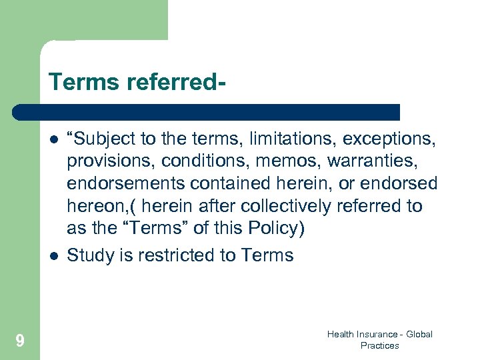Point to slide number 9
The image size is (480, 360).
(x=20, y=341)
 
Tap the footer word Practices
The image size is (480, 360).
(x=379, y=345)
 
